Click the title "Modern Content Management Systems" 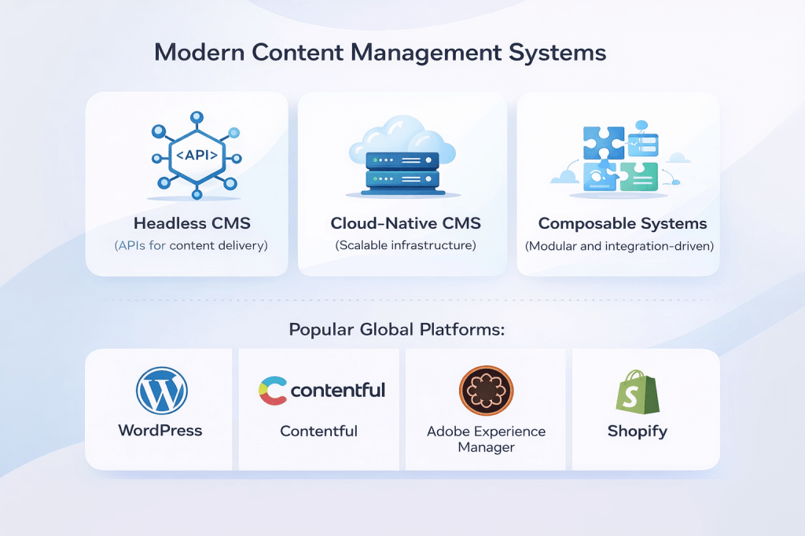click(380, 53)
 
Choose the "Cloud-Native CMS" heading click(406, 223)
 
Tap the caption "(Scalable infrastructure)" click(406, 245)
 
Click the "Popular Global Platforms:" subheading click(396, 329)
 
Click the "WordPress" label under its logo click(160, 430)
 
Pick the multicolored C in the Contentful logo click(272, 391)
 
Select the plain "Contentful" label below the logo click(319, 431)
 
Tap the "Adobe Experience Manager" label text click(486, 439)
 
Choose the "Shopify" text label click(638, 431)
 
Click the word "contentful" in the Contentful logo click(338, 390)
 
